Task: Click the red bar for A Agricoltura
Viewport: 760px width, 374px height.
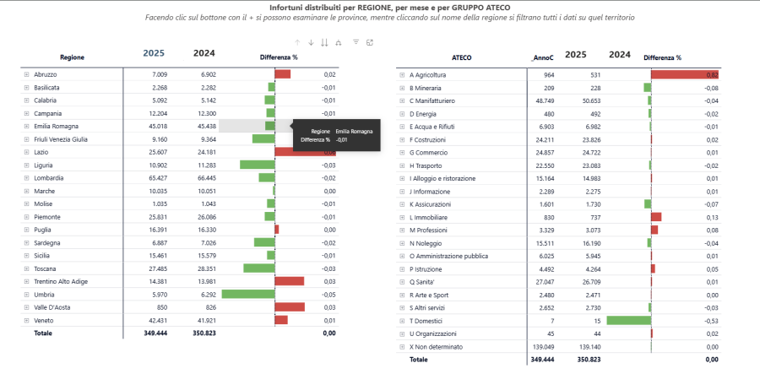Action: pyautogui.click(x=684, y=75)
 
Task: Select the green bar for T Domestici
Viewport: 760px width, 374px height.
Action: pyautogui.click(x=628, y=320)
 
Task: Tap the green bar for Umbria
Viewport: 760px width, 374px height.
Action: pyautogui.click(x=248, y=295)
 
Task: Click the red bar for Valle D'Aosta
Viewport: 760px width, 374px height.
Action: pyautogui.click(x=290, y=307)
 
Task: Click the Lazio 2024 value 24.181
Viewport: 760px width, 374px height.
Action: pyautogui.click(x=204, y=152)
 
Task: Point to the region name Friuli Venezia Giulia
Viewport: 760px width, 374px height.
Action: pyautogui.click(x=61, y=139)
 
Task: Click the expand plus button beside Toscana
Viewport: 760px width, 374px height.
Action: pyautogui.click(x=26, y=268)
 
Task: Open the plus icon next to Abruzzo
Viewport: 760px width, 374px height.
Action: pyautogui.click(x=26, y=74)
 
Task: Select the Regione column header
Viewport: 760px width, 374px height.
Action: pyautogui.click(x=72, y=57)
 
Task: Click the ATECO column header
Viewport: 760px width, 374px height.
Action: pyautogui.click(x=461, y=57)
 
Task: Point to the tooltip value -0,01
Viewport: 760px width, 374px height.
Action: pyautogui.click(x=342, y=140)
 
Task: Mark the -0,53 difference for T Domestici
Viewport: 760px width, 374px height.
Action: pyautogui.click(x=711, y=320)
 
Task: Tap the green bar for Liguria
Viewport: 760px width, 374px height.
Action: pyautogui.click(x=258, y=165)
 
